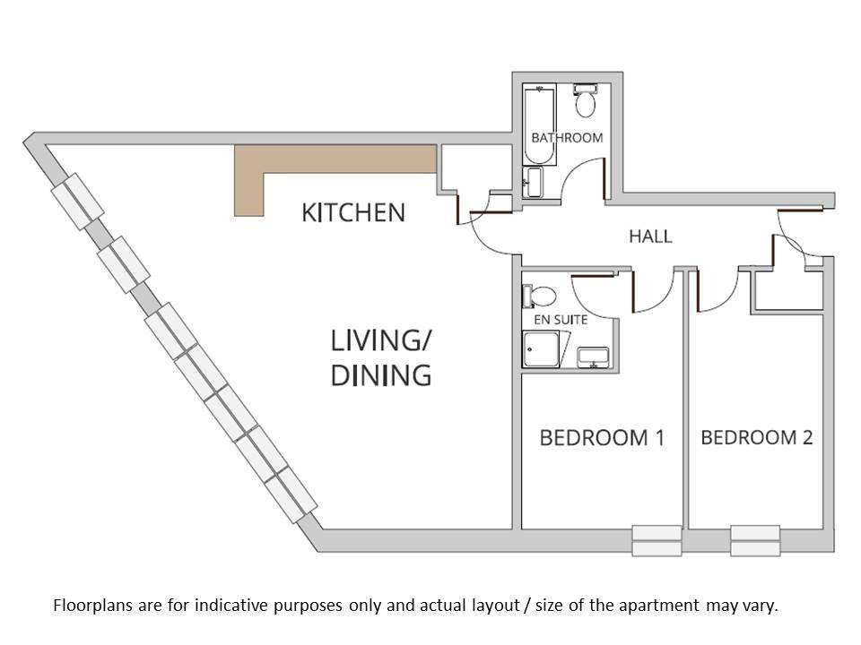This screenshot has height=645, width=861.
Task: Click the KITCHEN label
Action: coord(353,213)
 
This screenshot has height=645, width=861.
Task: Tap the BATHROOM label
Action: coord(567,138)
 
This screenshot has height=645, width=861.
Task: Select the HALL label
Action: coord(650,236)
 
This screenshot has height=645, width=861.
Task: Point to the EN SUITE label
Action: coord(561,320)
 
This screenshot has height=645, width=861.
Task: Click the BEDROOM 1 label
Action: coord(602,438)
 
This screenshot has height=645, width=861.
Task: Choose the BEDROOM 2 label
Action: coord(757,437)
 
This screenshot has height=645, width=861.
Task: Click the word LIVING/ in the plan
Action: coord(381,341)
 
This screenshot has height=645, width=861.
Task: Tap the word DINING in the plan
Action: coord(381,375)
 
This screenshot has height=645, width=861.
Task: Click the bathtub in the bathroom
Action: coord(539,125)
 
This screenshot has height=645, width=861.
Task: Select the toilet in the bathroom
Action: coord(586,100)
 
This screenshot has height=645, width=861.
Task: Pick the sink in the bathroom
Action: coord(533,182)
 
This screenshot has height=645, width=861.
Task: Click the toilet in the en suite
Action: coord(539,297)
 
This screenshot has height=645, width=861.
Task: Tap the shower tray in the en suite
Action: coord(541,348)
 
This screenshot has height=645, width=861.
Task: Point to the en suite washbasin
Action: coord(593,357)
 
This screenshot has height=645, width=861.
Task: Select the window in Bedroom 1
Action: coord(657,541)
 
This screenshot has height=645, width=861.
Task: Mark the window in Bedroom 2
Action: coord(755,541)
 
